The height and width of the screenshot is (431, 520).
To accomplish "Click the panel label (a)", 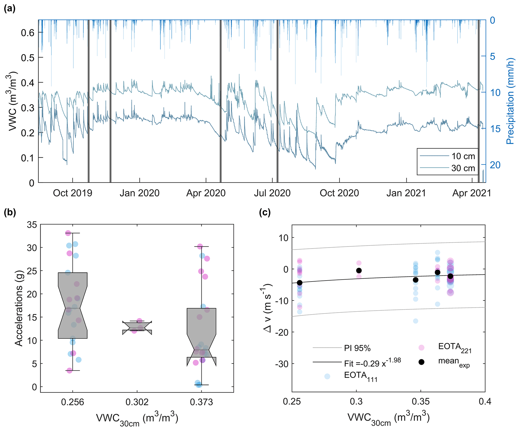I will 10,9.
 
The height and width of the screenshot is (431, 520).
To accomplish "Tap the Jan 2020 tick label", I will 139,193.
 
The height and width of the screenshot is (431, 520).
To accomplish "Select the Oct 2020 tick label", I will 339,193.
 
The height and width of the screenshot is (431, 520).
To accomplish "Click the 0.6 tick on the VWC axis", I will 28,33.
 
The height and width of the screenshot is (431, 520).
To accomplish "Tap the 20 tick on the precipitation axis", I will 495,165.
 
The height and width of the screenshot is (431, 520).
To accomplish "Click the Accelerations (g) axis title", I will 19,308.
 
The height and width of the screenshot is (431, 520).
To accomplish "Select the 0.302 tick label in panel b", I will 137,402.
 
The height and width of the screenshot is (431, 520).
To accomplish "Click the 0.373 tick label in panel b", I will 201,402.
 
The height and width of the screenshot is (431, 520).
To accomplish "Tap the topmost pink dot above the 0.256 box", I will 68,233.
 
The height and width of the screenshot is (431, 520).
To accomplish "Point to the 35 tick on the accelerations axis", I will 32,225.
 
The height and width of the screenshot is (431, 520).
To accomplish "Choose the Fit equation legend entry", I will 372,363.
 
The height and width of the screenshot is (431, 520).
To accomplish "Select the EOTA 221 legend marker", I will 421,347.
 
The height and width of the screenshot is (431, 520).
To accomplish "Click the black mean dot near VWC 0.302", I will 359,270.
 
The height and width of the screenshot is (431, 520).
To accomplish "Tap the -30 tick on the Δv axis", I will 282,364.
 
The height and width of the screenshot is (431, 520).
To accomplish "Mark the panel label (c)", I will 265,213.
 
